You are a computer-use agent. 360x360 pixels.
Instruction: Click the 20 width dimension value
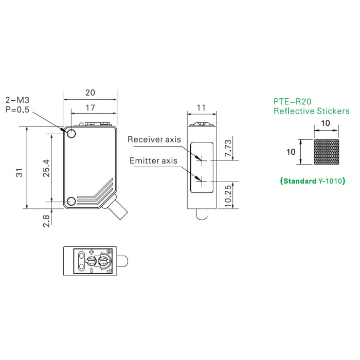[90, 93]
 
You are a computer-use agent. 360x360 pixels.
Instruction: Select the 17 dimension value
[90, 108]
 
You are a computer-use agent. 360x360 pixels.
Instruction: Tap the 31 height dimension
[20, 173]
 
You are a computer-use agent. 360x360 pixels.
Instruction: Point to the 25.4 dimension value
[46, 168]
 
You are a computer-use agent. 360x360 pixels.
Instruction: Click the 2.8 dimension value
[46, 221]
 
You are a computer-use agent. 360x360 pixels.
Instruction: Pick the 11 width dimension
[201, 108]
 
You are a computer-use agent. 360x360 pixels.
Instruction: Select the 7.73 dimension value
[228, 148]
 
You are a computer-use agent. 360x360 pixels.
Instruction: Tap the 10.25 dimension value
[228, 196]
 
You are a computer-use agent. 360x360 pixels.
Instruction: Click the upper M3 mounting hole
[71, 133]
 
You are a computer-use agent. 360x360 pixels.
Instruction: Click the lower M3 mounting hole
[71, 202]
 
